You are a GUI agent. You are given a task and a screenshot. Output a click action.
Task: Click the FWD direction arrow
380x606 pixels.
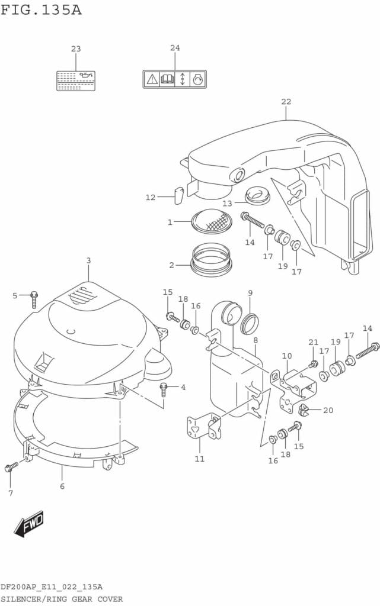click(29, 523)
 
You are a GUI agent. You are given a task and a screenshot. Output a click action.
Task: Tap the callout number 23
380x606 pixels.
click(76, 49)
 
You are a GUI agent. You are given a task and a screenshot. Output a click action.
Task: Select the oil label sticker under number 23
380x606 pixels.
click(75, 80)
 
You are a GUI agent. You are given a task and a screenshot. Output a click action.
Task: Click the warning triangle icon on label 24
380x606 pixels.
click(152, 79)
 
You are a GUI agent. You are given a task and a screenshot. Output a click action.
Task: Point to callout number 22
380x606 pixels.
click(286, 101)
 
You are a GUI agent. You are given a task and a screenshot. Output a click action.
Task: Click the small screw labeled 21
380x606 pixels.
click(313, 365)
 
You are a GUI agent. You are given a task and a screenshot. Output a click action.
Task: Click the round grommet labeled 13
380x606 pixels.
click(257, 195)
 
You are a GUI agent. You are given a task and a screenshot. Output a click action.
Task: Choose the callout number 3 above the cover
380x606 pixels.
click(88, 260)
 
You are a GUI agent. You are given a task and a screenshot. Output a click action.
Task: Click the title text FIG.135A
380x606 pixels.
click(41, 10)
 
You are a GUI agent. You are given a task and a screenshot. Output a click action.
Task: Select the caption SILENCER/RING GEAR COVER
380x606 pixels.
click(62, 599)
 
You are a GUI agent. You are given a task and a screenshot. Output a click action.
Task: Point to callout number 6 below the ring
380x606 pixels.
click(62, 486)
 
